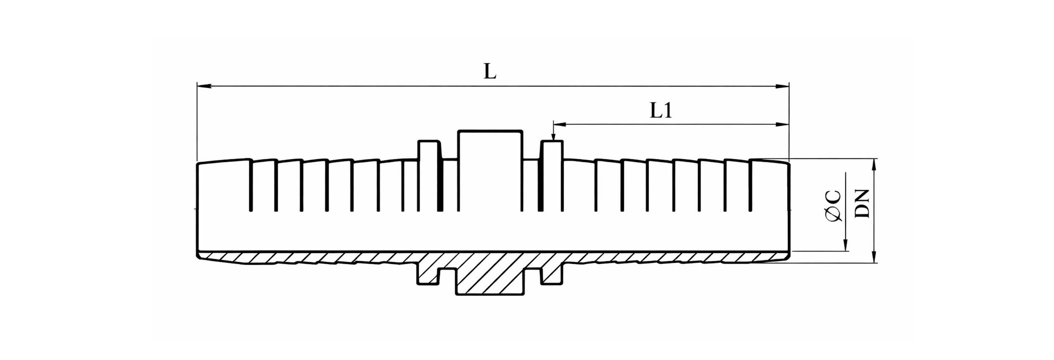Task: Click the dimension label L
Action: coord(489,72)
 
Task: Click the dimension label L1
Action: coord(661,111)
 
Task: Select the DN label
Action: coord(863,204)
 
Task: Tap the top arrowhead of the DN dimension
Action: coord(874,165)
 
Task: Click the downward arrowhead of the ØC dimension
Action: coord(845,245)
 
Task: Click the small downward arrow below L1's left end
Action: coord(553,136)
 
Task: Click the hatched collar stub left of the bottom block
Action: coord(428,274)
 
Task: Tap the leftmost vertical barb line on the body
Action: coord(251,185)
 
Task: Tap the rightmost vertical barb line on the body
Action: coord(751,185)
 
